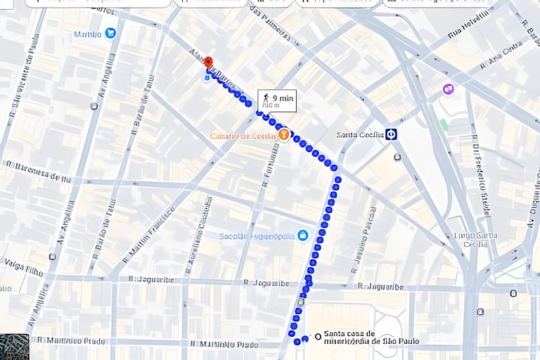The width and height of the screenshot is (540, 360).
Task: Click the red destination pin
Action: click(x=208, y=63)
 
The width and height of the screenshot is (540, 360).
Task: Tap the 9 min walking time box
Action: click(x=276, y=101)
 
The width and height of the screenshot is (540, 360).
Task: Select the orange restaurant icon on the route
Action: click(x=284, y=134)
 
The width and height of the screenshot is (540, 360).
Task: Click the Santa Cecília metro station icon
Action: click(x=391, y=134)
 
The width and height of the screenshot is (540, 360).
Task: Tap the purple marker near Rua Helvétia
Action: click(x=448, y=89)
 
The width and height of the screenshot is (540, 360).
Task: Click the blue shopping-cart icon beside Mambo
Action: click(x=110, y=33)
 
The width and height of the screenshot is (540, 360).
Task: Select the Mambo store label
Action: click(x=88, y=34)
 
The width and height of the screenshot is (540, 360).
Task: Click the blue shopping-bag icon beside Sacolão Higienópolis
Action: click(x=302, y=235)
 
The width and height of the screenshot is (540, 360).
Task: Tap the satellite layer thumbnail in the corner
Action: click(x=14, y=346)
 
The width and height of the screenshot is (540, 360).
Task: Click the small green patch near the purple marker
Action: click(x=444, y=124)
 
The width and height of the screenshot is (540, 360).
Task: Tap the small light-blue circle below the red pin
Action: click(x=206, y=79)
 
